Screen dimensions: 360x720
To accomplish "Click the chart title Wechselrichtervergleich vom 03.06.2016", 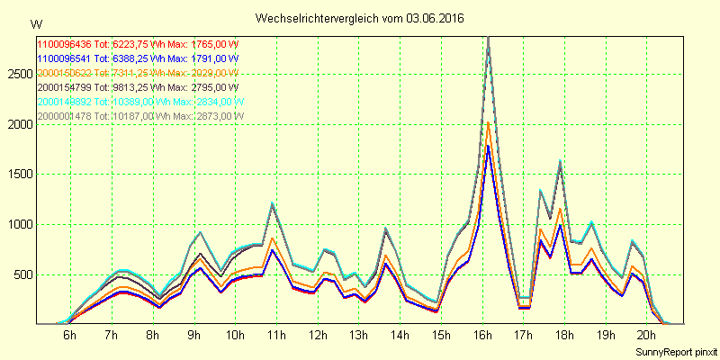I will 360,18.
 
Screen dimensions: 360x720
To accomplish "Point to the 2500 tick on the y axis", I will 18,74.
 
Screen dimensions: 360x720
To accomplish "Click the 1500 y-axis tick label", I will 18,175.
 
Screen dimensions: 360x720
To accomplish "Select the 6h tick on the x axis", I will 69,335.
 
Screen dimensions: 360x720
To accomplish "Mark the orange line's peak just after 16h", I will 488,122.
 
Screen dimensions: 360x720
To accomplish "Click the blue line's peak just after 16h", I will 488,146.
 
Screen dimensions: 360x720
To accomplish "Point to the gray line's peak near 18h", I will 560,162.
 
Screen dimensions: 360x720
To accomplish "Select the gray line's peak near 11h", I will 273,203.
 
